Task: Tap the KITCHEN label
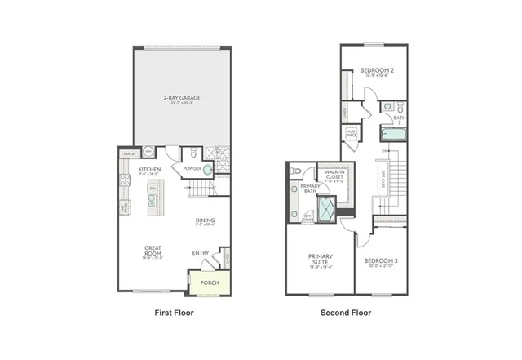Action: pos(149,170)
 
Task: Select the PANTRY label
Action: pos(129,153)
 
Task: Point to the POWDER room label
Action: pos(192,170)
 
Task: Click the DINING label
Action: pos(205,220)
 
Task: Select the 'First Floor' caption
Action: pos(174,313)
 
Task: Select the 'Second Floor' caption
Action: pos(346,313)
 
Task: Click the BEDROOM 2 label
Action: pos(377,70)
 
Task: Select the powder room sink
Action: pos(207,170)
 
